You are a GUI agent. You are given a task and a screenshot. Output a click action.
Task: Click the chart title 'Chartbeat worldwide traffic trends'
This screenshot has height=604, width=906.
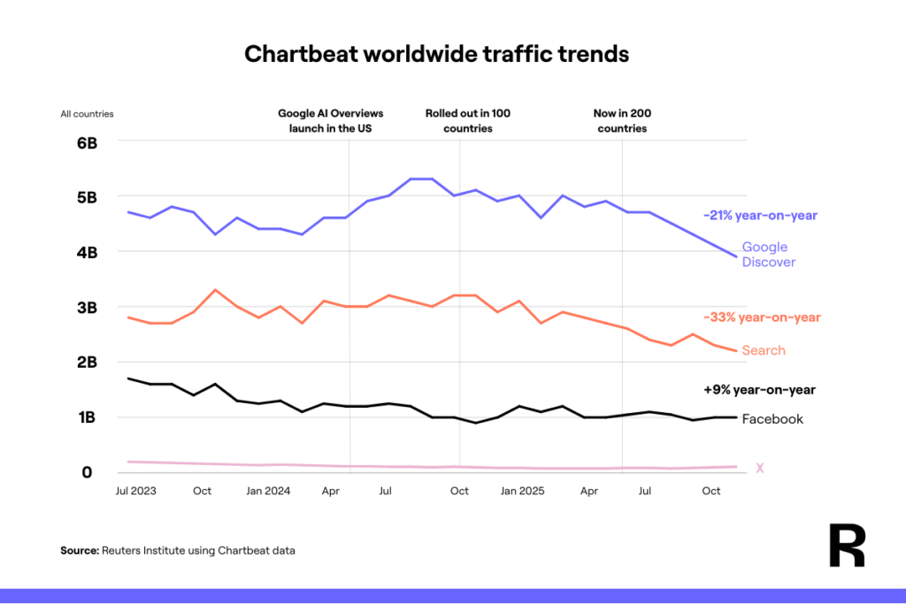point(436,54)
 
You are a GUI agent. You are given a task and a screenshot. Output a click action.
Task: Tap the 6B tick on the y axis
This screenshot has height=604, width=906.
point(86,142)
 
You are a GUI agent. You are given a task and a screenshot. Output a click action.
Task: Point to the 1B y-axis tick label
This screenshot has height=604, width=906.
point(86,417)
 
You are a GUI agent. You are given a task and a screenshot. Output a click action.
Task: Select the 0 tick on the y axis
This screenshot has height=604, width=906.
point(87,472)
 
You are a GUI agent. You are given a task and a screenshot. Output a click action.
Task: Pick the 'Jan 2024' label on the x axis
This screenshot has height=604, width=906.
point(268,490)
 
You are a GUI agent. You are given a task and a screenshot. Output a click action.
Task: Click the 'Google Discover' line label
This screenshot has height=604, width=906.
point(768,255)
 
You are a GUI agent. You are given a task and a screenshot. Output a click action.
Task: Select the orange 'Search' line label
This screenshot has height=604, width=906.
point(764,350)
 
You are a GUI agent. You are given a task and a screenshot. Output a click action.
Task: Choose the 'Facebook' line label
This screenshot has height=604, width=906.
point(772,419)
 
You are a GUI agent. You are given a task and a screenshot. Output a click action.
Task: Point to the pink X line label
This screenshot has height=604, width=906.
point(759,468)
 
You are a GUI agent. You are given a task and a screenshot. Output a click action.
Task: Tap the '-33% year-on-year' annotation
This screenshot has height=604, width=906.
point(762,317)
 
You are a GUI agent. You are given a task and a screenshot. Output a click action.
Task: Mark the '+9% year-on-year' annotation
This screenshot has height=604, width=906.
point(760,389)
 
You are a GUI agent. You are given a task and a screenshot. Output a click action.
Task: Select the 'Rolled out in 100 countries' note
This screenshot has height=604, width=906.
point(467,120)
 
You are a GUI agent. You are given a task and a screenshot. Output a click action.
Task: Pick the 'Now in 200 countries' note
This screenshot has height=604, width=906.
point(622,120)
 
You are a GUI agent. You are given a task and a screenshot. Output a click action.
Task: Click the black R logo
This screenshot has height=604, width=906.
point(847,546)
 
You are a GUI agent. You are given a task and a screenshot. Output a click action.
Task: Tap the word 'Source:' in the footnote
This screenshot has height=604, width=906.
point(79,550)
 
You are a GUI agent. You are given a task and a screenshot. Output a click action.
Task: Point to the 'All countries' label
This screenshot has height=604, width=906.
point(87,114)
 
